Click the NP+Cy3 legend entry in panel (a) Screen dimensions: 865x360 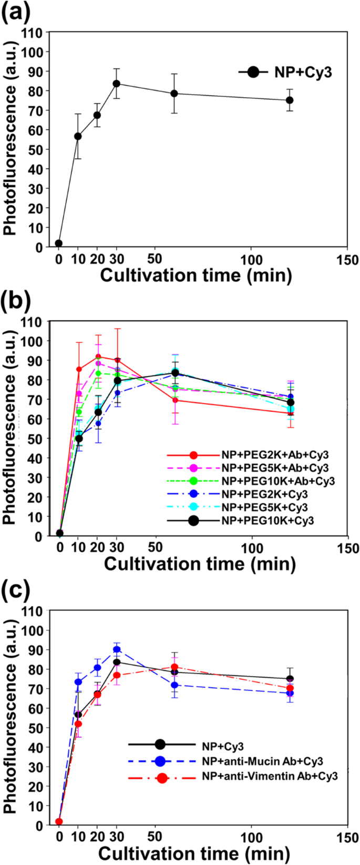point(285,72)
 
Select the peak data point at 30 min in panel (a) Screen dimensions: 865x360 point(116,84)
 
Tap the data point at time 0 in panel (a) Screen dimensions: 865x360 point(59,243)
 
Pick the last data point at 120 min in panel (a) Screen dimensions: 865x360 point(290,100)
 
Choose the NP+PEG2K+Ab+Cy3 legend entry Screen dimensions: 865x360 point(250,455)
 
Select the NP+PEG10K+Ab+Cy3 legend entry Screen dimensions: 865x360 point(250,481)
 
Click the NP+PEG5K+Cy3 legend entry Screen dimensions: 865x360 point(250,507)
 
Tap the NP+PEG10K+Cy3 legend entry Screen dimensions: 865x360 point(250,521)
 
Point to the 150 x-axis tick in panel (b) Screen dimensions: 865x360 point(347,548)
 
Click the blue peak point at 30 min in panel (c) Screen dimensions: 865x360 point(117,649)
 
